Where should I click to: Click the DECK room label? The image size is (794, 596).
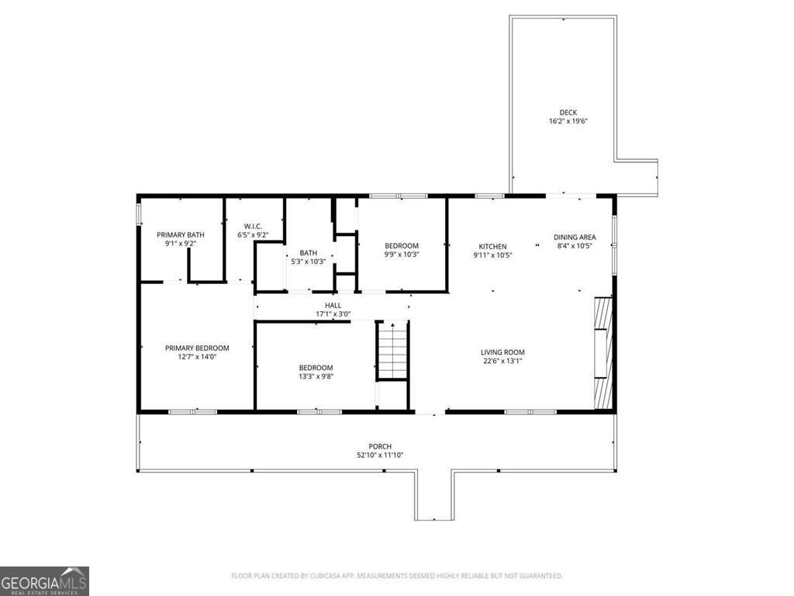tap(568, 113)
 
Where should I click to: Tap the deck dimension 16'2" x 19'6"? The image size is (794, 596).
tap(568, 121)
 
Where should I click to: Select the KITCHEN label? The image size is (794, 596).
tap(492, 246)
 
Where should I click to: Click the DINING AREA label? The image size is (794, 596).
tap(575, 237)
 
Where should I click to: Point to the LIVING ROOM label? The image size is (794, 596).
tap(502, 352)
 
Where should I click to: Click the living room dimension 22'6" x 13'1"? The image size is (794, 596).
tap(502, 361)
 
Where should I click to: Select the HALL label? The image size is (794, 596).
tap(333, 306)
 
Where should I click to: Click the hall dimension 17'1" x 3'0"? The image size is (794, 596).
tap(333, 314)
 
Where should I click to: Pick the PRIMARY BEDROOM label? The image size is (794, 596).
tap(197, 348)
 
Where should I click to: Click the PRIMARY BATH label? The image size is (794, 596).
tap(181, 234)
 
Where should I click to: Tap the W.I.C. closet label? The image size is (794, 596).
tap(253, 226)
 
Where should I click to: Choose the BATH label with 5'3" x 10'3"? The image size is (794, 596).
tap(309, 253)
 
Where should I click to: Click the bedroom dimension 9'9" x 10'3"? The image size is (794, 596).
tap(402, 255)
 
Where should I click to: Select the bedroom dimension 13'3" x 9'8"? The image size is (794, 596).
tap(316, 376)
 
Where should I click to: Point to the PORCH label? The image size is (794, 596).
tap(380, 446)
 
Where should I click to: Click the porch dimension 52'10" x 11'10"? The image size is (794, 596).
tap(380, 456)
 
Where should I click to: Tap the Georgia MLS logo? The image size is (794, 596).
tap(44, 580)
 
